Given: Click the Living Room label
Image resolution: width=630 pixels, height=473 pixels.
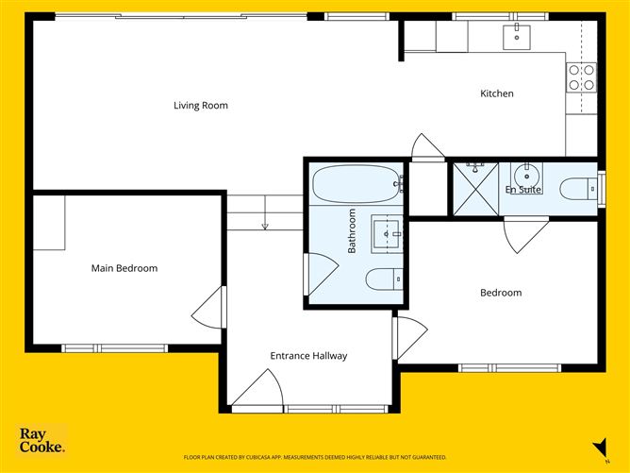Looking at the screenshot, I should (201, 105).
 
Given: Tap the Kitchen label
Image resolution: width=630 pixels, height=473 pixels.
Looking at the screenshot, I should (497, 93).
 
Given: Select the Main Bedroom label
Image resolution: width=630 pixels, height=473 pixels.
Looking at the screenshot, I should (124, 268).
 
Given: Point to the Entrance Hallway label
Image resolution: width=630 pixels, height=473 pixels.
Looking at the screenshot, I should (308, 356).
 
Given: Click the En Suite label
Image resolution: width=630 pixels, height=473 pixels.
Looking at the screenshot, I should (522, 190).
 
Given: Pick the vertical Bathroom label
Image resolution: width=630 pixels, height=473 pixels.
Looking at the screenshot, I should (352, 231).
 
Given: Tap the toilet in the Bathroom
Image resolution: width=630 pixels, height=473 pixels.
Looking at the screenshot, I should (383, 279).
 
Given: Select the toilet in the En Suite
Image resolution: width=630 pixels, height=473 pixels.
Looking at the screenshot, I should (577, 189).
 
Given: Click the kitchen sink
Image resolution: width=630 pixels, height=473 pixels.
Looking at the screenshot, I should (516, 36).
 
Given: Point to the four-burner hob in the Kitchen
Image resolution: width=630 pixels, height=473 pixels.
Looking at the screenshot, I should (582, 76).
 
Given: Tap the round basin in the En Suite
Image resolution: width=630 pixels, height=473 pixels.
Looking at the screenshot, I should (525, 175).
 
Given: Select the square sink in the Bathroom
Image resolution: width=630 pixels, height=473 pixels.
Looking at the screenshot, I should (386, 230).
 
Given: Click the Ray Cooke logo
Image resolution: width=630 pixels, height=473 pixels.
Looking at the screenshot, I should (42, 441).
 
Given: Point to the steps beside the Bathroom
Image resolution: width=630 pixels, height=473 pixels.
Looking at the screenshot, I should (265, 211).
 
